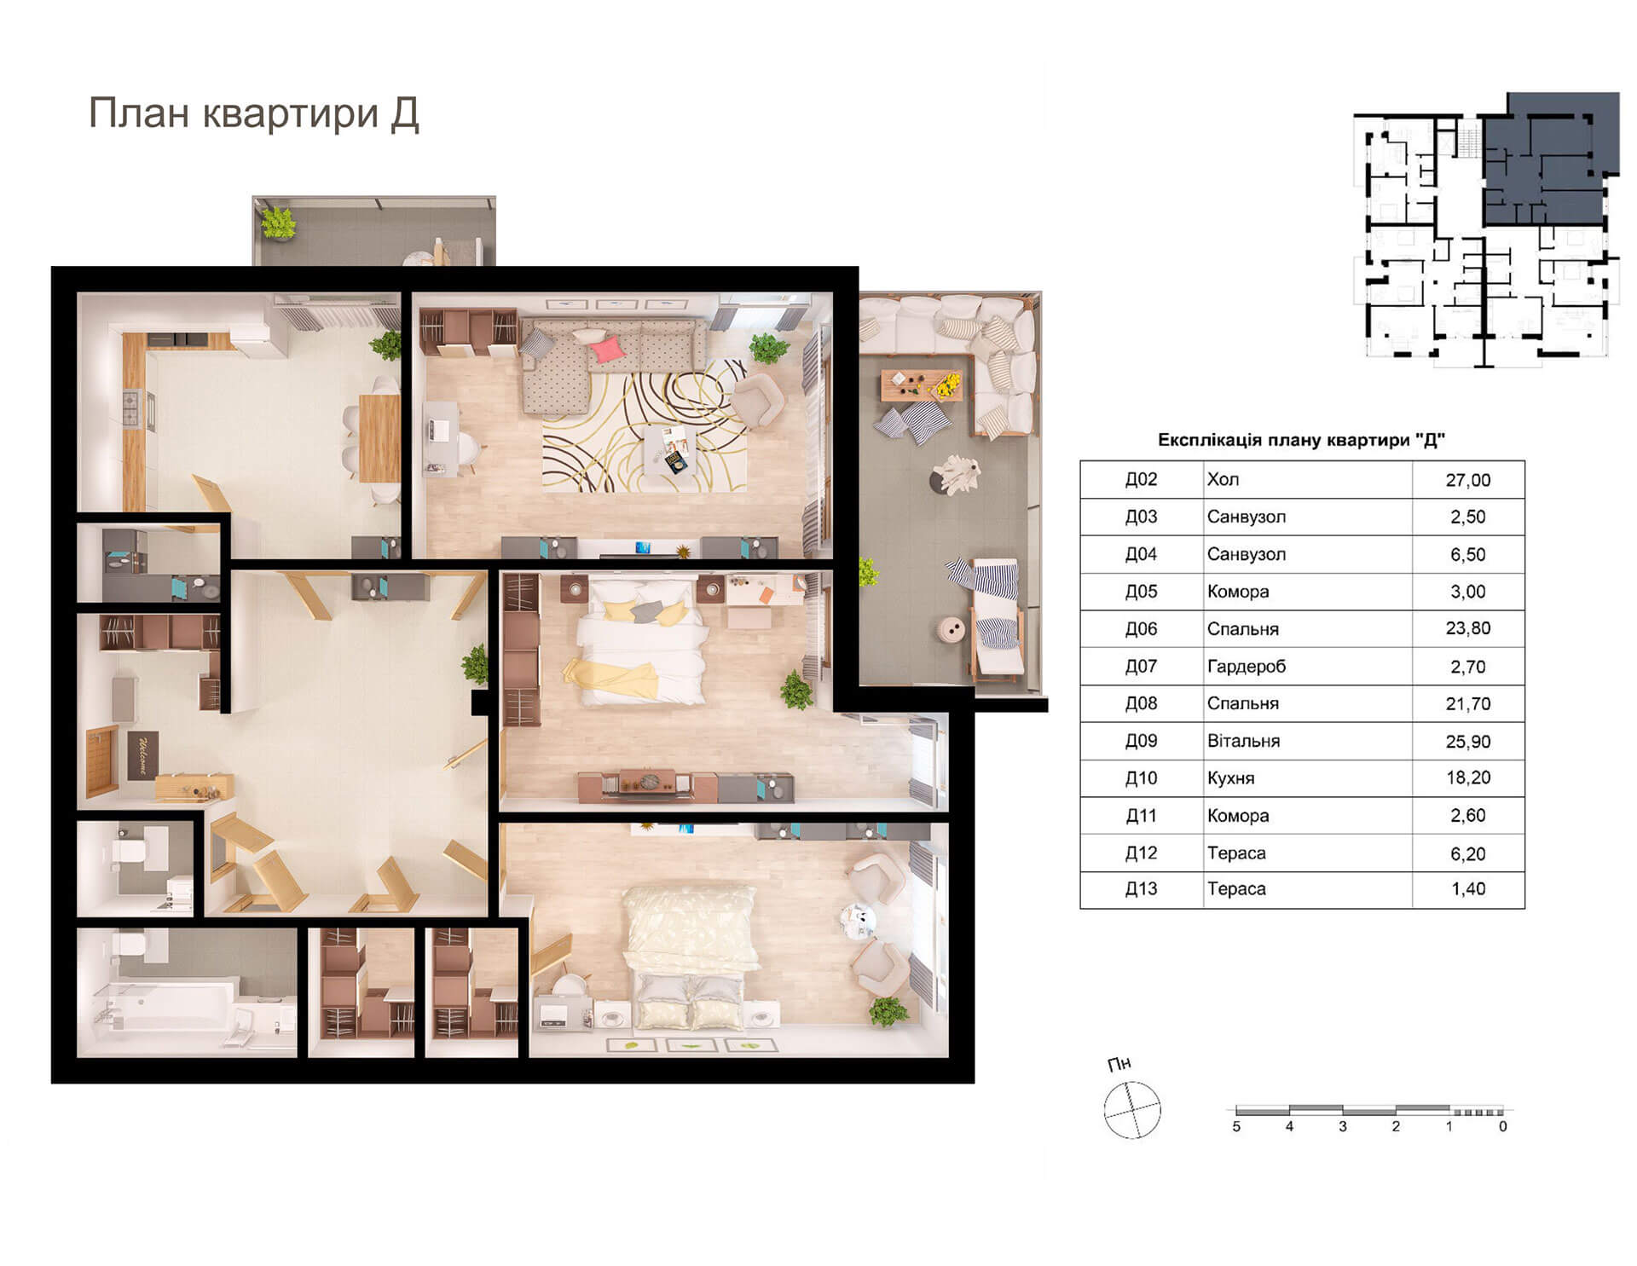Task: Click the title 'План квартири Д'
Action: tap(254, 114)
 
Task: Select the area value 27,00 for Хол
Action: tap(1468, 480)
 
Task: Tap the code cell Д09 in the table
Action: tap(1141, 741)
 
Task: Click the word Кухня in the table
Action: tap(1230, 778)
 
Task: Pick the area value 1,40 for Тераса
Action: tap(1468, 889)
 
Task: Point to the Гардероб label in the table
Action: tap(1247, 667)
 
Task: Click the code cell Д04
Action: tap(1141, 554)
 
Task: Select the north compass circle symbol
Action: tap(1132, 1110)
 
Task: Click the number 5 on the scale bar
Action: tap(1236, 1127)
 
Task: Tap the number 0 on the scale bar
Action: tap(1502, 1127)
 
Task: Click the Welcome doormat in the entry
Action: tap(143, 755)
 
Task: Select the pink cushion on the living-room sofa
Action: tap(607, 350)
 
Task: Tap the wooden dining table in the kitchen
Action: tap(379, 438)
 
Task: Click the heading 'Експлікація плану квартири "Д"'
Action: tap(1301, 440)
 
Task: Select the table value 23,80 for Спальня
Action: tap(1468, 629)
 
